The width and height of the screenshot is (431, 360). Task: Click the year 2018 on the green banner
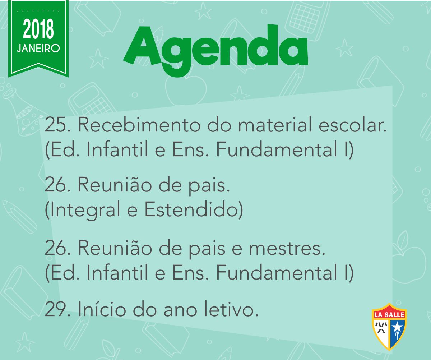(38, 29)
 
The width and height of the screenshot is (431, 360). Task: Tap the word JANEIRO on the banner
(38, 49)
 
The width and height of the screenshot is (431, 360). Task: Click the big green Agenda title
(215, 51)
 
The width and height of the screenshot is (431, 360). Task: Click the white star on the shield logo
(397, 327)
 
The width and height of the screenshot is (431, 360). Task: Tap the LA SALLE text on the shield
(389, 315)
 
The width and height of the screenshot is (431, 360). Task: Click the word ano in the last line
(180, 311)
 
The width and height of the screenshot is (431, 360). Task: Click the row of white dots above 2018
(38, 11)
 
